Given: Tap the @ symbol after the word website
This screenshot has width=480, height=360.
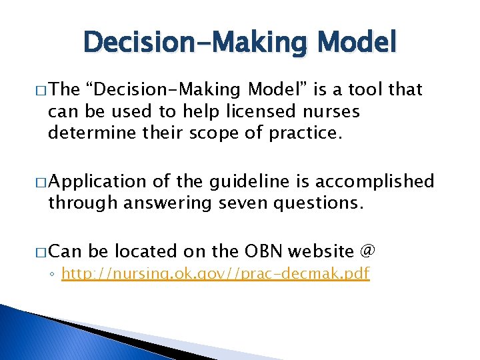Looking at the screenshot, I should tap(367, 251).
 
